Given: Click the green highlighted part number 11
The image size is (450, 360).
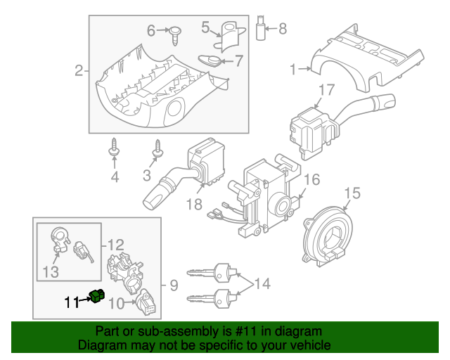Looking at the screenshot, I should [97, 297].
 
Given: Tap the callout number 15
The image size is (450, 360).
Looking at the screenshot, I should [352, 192].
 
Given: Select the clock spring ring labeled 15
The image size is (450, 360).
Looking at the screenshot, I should [328, 230].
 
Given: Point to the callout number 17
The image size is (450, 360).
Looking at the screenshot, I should [326, 90].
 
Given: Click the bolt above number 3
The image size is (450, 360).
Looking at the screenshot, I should [157, 149].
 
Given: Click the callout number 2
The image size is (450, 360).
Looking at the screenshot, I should [79, 70].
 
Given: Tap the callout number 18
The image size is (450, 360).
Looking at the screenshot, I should [195, 205].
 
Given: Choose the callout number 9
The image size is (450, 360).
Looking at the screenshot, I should [173, 285].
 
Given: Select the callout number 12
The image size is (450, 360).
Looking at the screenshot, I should [116, 245].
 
